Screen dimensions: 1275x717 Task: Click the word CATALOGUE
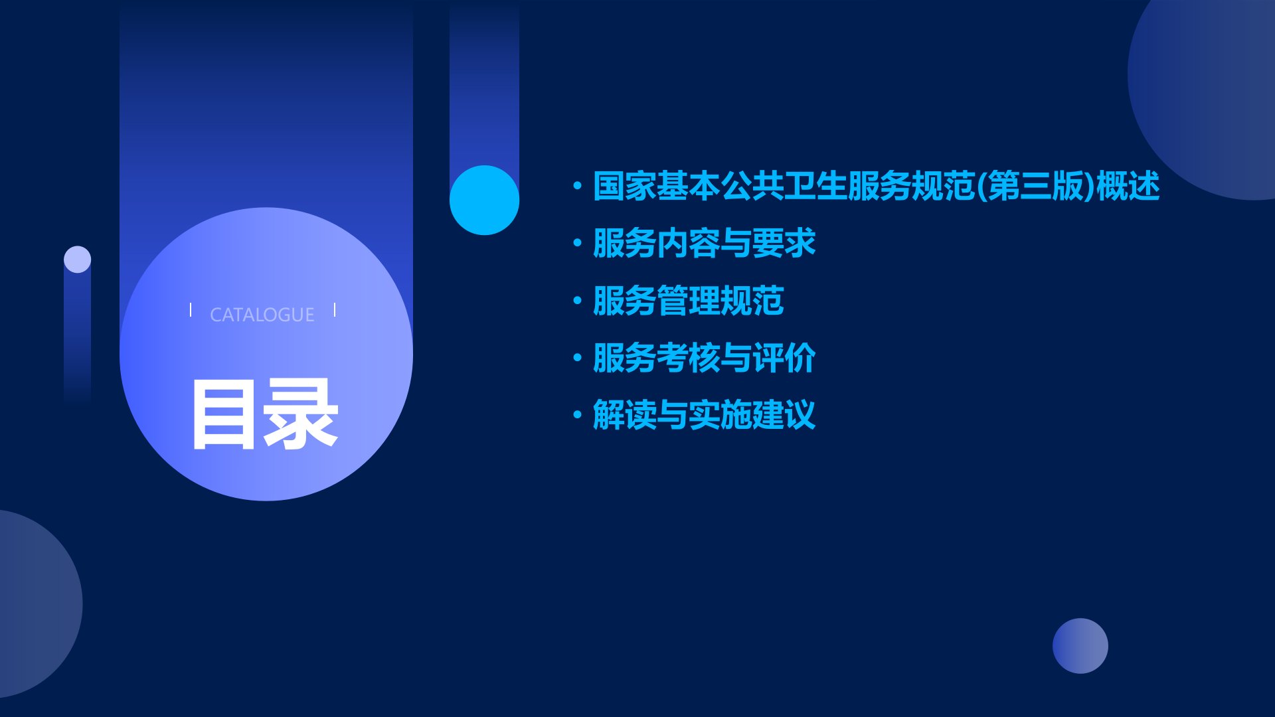pyautogui.click(x=262, y=315)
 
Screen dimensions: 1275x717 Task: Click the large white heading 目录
pyautogui.click(x=265, y=415)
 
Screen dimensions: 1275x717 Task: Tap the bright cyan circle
pyautogui.click(x=484, y=200)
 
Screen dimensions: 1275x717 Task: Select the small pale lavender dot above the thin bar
pyautogui.click(x=77, y=259)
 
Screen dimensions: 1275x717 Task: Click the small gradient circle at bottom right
pyautogui.click(x=1080, y=646)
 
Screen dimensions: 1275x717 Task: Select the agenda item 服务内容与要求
pyautogui.click(x=704, y=243)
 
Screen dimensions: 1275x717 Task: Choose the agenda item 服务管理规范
pyautogui.click(x=688, y=301)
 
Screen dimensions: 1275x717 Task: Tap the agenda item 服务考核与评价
pyautogui.click(x=704, y=358)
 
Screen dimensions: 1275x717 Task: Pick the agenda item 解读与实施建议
pyautogui.click(x=704, y=415)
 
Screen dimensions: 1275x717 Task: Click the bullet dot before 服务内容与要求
pyautogui.click(x=578, y=244)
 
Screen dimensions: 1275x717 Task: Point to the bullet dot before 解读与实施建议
pyautogui.click(x=578, y=416)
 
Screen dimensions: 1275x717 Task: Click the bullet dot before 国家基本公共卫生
pyautogui.click(x=578, y=186)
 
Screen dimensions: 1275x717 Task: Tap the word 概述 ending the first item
pyautogui.click(x=1128, y=186)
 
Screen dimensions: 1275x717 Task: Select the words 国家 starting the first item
pyautogui.click(x=624, y=186)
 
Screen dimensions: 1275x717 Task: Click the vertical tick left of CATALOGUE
pyautogui.click(x=191, y=310)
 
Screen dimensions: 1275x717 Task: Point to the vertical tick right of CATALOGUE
pyautogui.click(x=335, y=310)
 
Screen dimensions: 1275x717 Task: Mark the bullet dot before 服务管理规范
pyautogui.click(x=578, y=301)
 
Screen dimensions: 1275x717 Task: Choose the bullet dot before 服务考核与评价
pyautogui.click(x=578, y=358)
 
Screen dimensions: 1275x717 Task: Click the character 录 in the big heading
pyautogui.click(x=302, y=415)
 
